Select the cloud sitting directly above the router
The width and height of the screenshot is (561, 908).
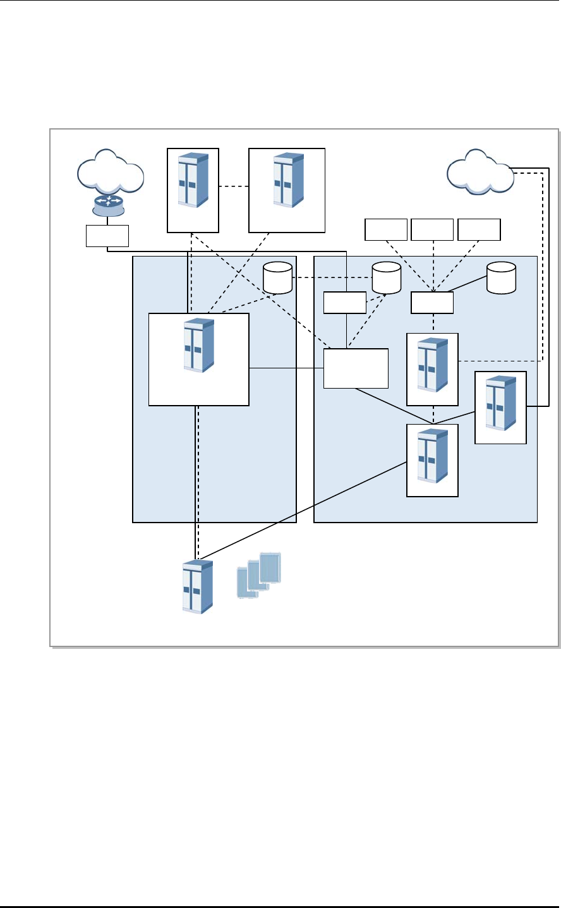point(111,171)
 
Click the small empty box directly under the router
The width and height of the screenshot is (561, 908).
point(107,236)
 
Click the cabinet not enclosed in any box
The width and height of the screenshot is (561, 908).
point(197,586)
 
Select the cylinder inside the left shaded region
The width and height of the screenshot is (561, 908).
point(277,279)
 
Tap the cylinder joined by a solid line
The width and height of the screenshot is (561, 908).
point(501,279)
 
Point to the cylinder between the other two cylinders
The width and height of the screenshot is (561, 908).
point(387,279)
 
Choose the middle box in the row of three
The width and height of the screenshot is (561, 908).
point(432,229)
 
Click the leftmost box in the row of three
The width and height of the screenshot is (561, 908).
point(386,229)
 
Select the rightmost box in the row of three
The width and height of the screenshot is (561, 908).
point(479,229)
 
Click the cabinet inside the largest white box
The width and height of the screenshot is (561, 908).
point(198,346)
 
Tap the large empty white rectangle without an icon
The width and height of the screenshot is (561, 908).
point(356,368)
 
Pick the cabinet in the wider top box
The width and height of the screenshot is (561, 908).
point(287,180)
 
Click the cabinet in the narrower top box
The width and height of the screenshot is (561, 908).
point(193,180)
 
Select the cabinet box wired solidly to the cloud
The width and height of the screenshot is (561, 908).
point(500,408)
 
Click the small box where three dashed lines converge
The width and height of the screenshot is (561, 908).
point(432,303)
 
